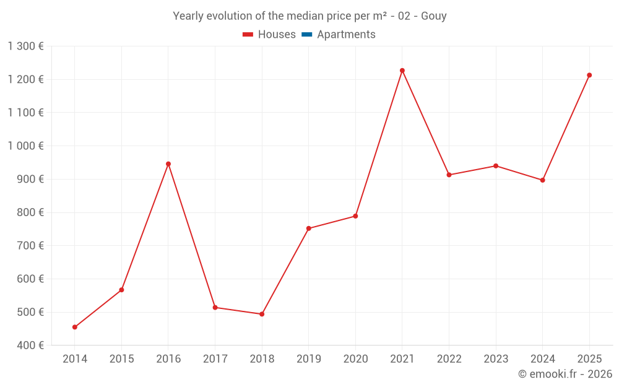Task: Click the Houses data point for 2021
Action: click(402, 71)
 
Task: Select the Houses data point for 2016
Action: click(168, 164)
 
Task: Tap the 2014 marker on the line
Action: click(75, 327)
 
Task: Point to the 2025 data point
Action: click(589, 76)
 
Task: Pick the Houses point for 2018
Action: click(262, 314)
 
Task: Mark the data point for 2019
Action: click(308, 228)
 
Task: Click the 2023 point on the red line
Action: click(496, 166)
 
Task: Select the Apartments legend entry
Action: click(346, 35)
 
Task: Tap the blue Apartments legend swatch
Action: click(306, 35)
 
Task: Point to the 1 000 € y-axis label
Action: click(25, 146)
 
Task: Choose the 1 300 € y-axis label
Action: click(25, 46)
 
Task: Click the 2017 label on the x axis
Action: click(215, 359)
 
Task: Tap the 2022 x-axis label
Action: click(449, 359)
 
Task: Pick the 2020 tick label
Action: click(355, 359)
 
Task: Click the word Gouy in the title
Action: click(434, 16)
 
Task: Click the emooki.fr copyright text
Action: click(565, 374)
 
